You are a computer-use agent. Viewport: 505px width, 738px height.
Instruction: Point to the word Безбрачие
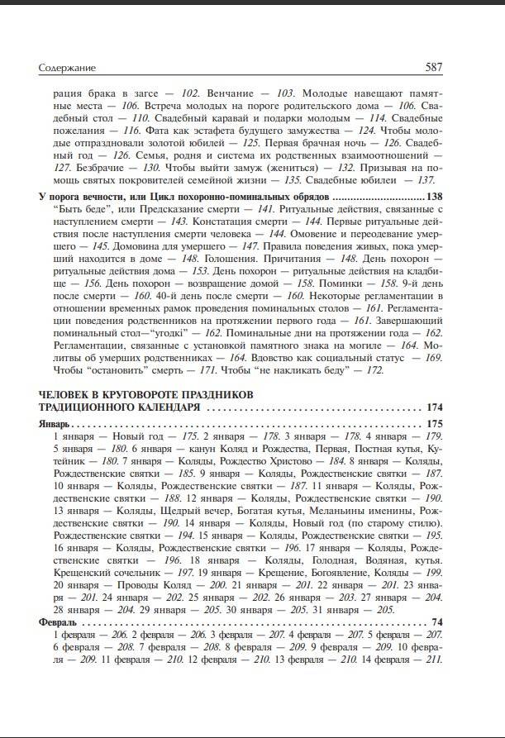click(77, 167)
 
